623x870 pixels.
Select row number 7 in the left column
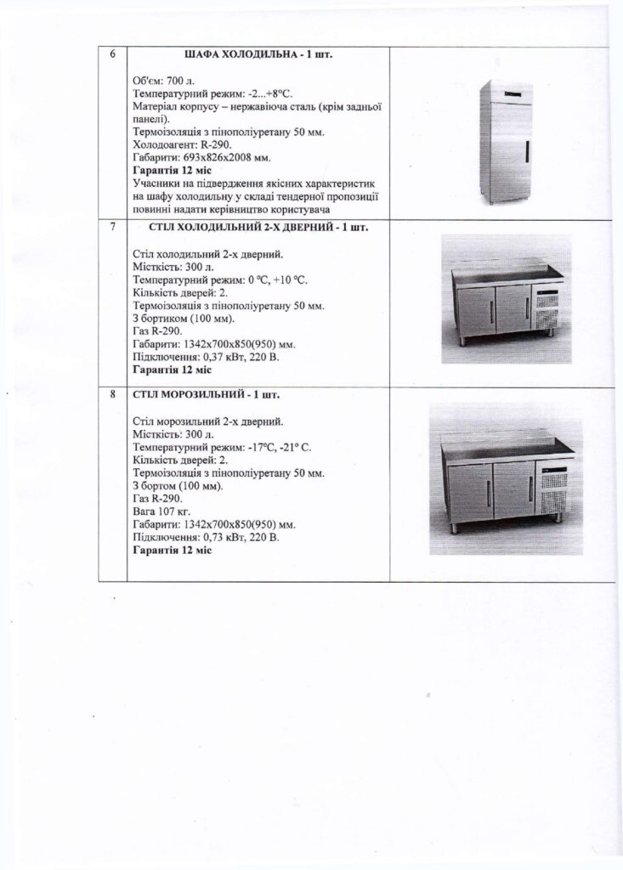tap(113, 228)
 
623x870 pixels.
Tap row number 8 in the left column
tap(113, 395)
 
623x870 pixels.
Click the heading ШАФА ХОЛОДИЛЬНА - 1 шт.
tap(258, 55)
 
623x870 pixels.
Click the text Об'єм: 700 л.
tap(165, 80)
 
